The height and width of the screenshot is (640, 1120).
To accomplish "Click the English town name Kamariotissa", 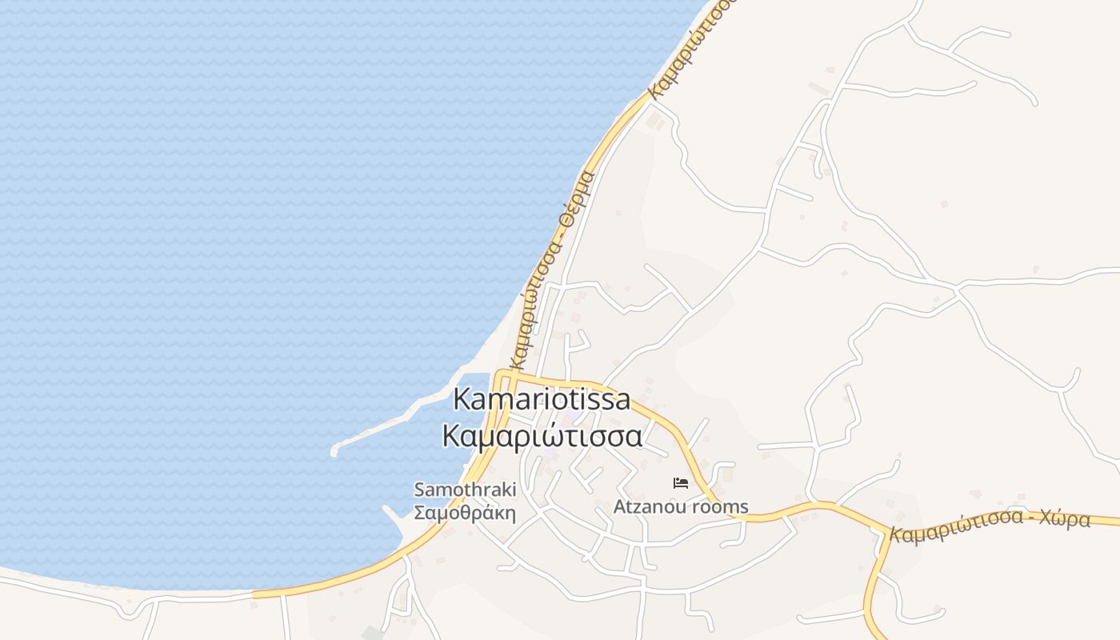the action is (x=542, y=399).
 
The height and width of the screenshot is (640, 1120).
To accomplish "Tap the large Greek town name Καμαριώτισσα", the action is (x=542, y=436).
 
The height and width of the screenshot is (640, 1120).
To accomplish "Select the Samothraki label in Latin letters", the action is (x=465, y=490).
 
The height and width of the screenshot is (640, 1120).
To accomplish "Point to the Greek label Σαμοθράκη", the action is (x=465, y=512).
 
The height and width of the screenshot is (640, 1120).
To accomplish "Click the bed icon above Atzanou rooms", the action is (x=681, y=482).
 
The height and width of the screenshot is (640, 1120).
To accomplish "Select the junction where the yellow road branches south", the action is (x=887, y=532).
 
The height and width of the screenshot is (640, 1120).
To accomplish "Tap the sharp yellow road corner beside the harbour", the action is (x=498, y=374).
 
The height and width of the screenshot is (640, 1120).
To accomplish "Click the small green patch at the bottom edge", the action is (x=372, y=634).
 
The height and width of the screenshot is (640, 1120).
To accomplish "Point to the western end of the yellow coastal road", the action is (x=256, y=594).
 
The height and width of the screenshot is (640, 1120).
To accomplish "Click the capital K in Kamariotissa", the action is (x=462, y=399).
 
